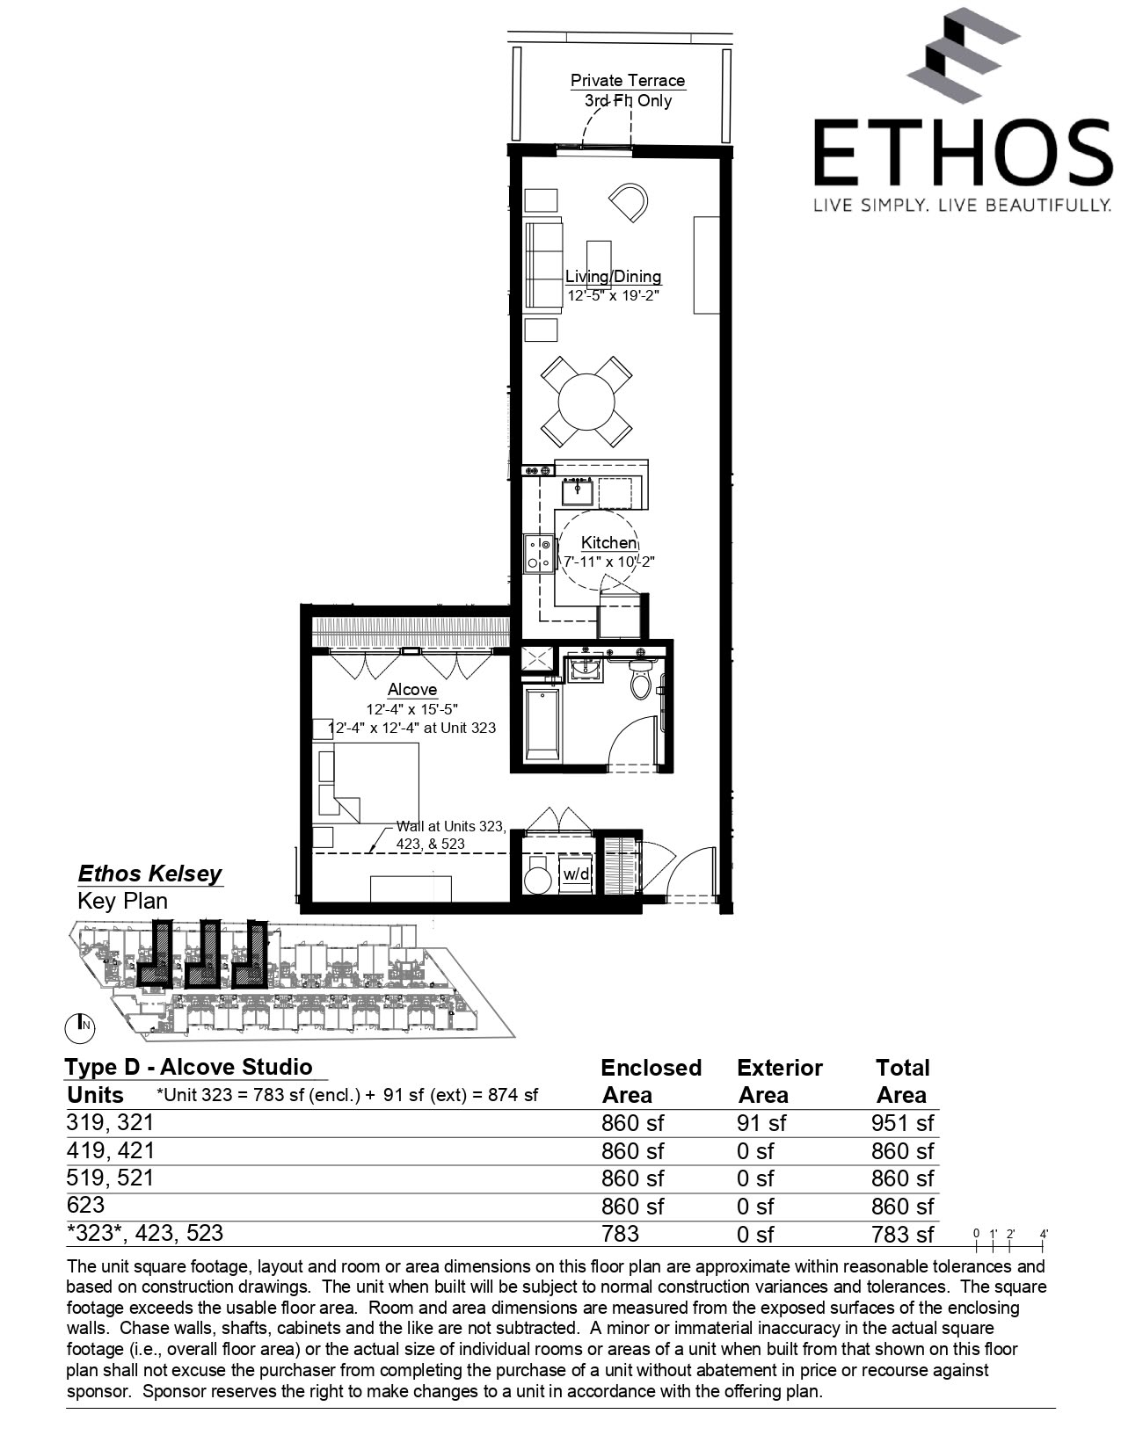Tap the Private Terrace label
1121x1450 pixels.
(x=627, y=80)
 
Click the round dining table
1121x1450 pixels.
(x=587, y=401)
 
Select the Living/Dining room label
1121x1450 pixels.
(x=613, y=277)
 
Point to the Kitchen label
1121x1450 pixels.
(x=608, y=543)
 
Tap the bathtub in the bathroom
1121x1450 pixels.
(x=542, y=725)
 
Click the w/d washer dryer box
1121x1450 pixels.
(x=576, y=874)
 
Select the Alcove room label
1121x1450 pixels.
(x=411, y=690)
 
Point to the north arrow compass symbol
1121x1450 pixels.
(x=81, y=1024)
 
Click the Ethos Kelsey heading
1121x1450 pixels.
(x=149, y=874)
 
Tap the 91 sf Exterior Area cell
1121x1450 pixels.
(x=761, y=1123)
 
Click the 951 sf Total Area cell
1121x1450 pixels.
(x=902, y=1123)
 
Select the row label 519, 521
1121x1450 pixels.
(x=110, y=1178)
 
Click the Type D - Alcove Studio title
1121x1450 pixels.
(x=188, y=1067)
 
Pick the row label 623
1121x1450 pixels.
(x=85, y=1205)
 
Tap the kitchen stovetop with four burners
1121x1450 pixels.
(x=538, y=554)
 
